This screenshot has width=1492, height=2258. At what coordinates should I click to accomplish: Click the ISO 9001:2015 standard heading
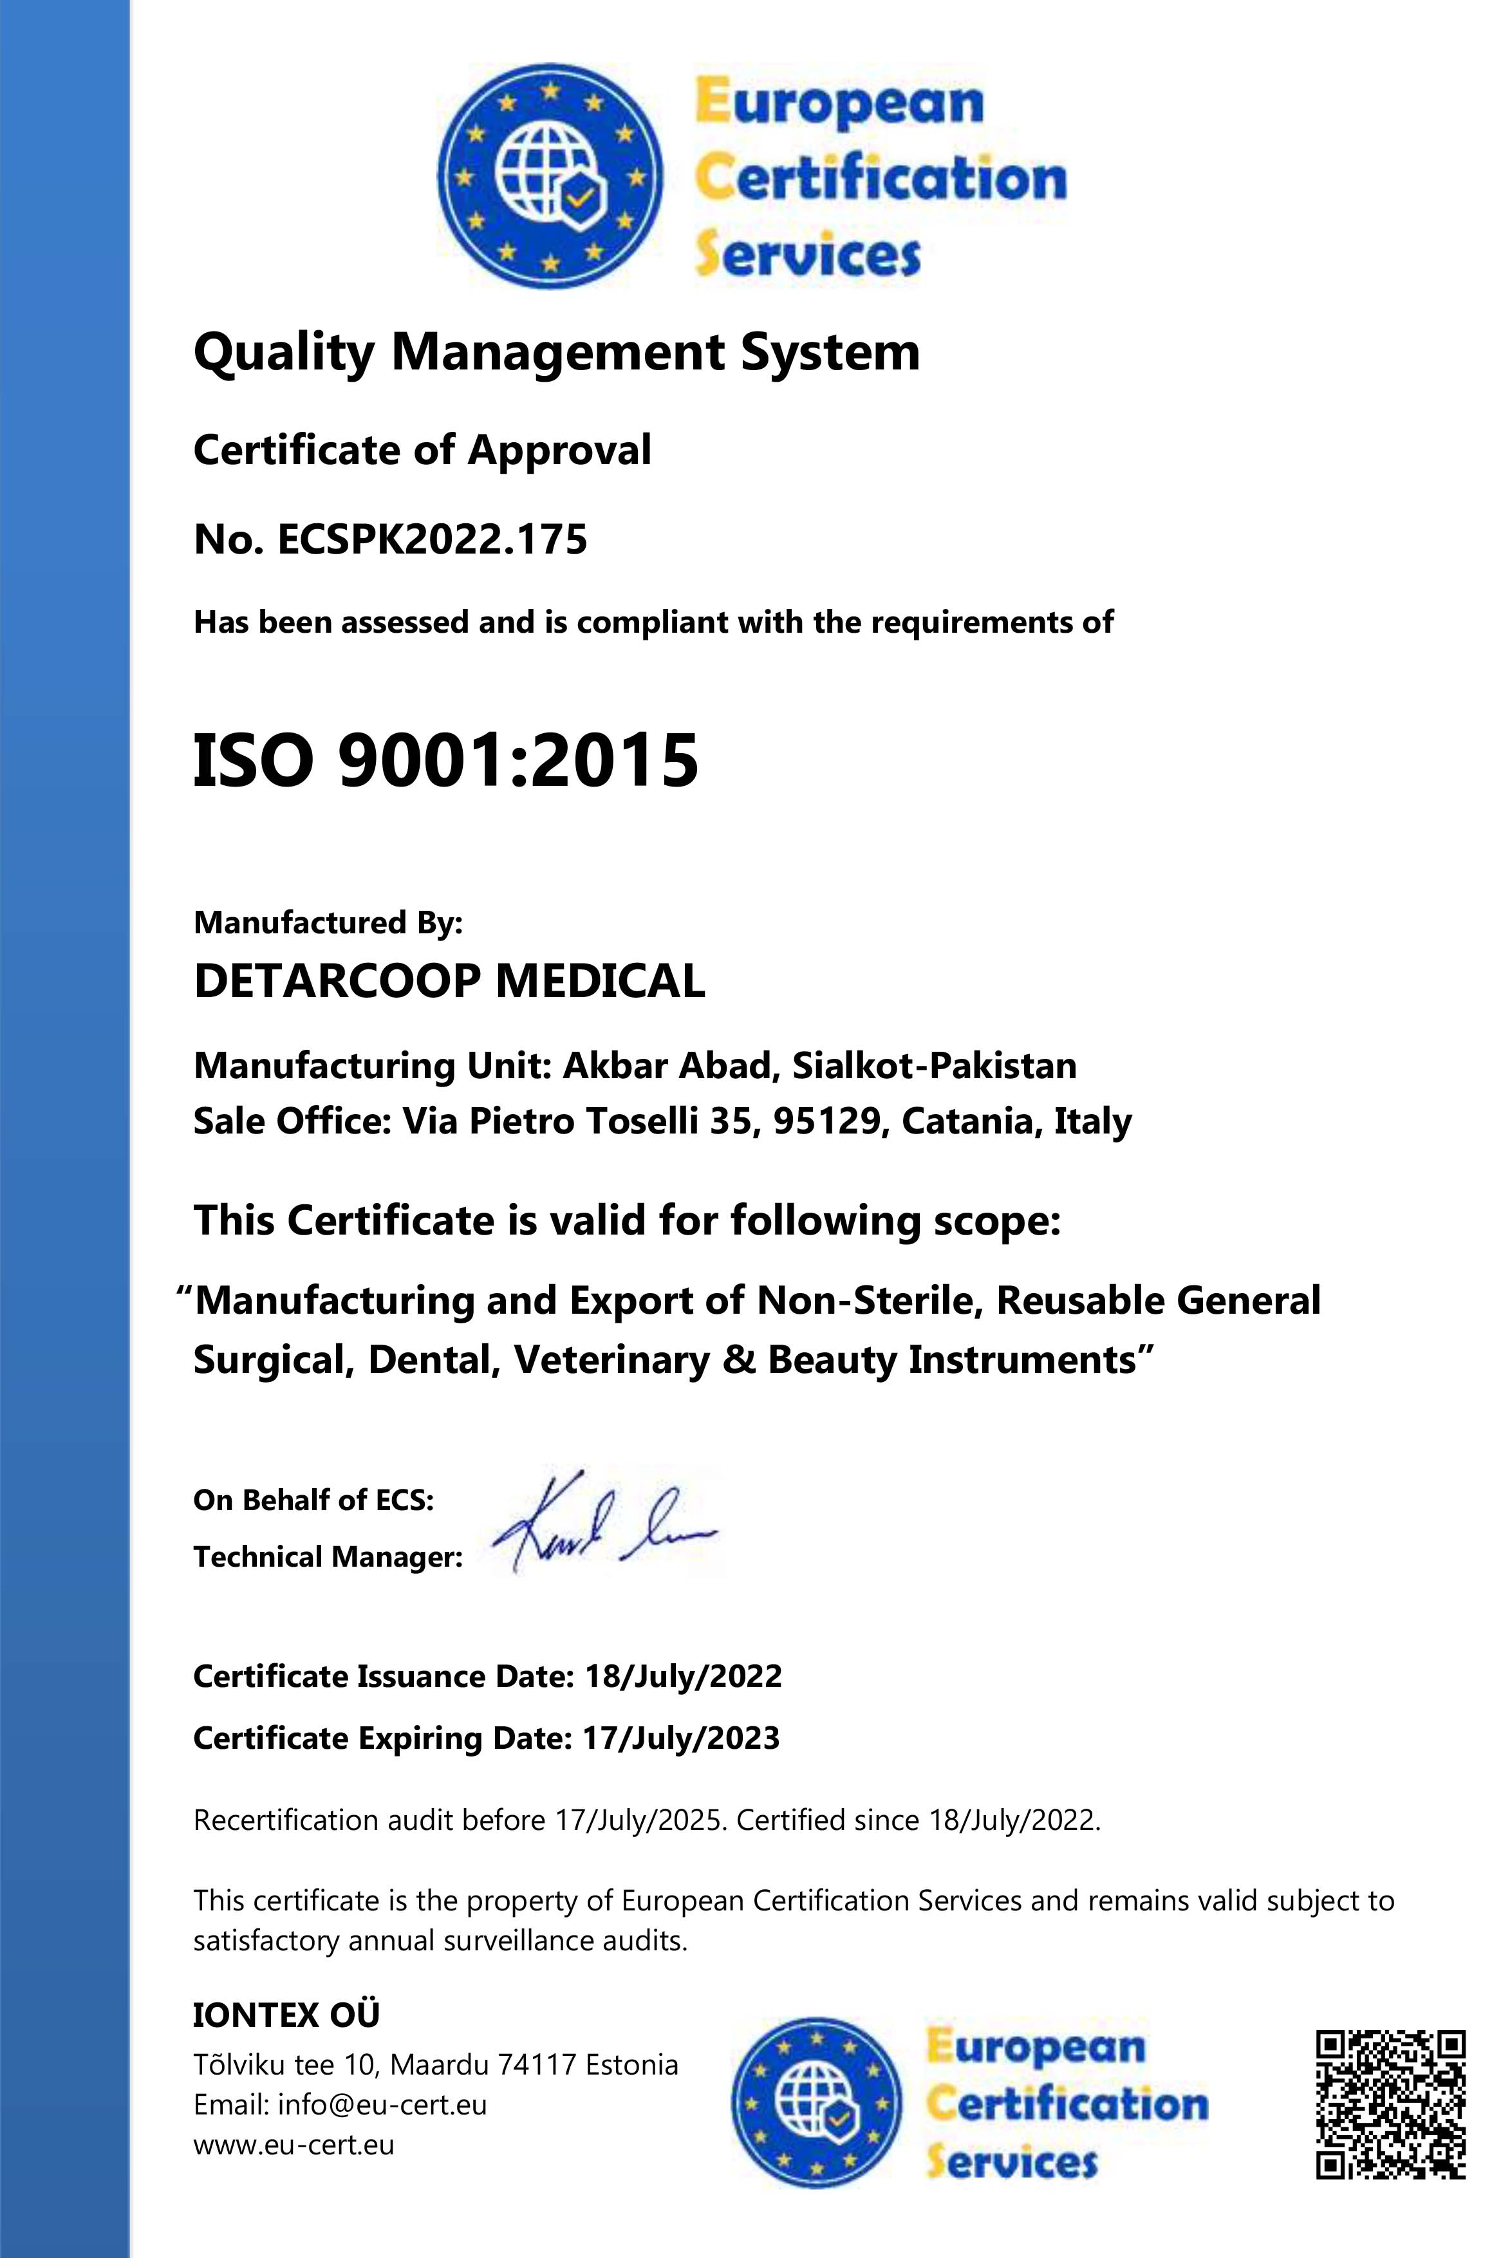pos(445,761)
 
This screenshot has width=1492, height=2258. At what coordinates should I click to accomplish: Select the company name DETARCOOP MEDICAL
pos(449,981)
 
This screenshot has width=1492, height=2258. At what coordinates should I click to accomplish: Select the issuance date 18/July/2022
pos(682,1675)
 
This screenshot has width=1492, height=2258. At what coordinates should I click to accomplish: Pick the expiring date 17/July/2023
pos(680,1739)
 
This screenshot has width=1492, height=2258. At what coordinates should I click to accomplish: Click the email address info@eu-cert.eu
pos(382,2104)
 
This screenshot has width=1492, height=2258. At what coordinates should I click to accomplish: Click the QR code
pos(1390,2104)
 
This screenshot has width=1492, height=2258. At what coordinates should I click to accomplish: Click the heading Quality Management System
pos(557,352)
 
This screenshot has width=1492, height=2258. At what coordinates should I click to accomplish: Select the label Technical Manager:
pos(328,1556)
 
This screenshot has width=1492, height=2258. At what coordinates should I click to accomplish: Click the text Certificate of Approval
pos(422,450)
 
